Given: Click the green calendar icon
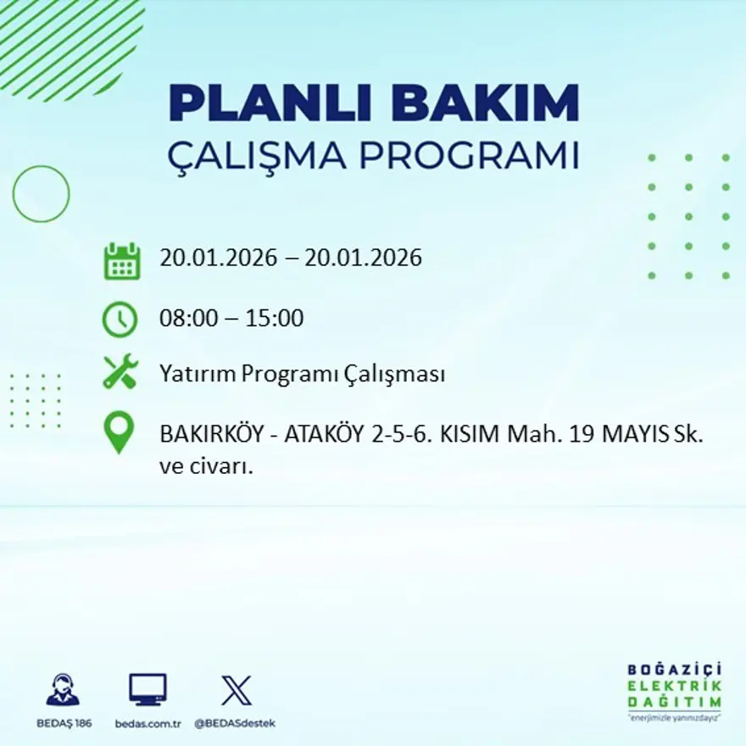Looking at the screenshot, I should click(x=121, y=261).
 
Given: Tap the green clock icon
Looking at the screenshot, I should click(x=120, y=319).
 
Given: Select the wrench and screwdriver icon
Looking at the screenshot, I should click(x=120, y=373).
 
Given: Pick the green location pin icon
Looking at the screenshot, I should click(x=120, y=431).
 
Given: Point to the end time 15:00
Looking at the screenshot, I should click(x=275, y=319).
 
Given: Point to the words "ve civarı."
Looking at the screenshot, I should click(x=207, y=465).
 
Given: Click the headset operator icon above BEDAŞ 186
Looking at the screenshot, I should click(x=63, y=689).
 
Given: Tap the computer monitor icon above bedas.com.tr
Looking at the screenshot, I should click(x=148, y=689).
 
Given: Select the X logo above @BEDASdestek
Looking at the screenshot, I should click(x=236, y=690).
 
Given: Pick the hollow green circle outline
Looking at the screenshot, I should click(x=41, y=194).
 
